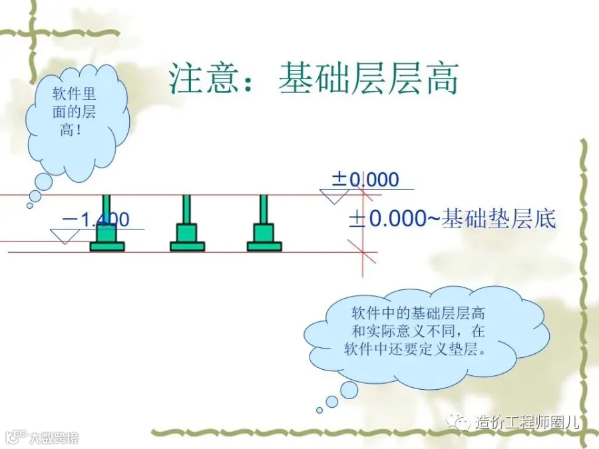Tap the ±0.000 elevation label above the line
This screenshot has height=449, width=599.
point(365,179)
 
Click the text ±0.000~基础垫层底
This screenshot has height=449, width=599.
point(453,219)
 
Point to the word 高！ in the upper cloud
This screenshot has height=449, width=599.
point(69,130)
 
